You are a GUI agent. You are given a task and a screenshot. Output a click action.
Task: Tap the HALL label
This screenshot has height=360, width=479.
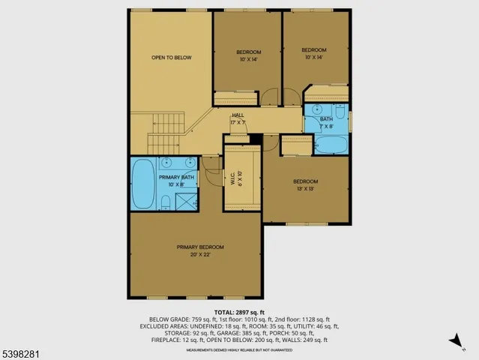(x=237, y=115)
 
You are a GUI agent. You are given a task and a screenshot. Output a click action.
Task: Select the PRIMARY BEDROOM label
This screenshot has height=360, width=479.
(x=200, y=247)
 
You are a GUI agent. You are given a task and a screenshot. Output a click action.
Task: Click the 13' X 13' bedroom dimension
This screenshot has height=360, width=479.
(x=305, y=189)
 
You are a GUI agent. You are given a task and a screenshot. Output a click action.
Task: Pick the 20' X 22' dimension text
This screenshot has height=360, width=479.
(x=200, y=255)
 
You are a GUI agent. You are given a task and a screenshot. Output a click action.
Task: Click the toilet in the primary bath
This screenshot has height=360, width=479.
(x=164, y=201)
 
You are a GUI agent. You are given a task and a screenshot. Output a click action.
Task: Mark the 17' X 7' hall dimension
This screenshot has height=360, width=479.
(x=237, y=121)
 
